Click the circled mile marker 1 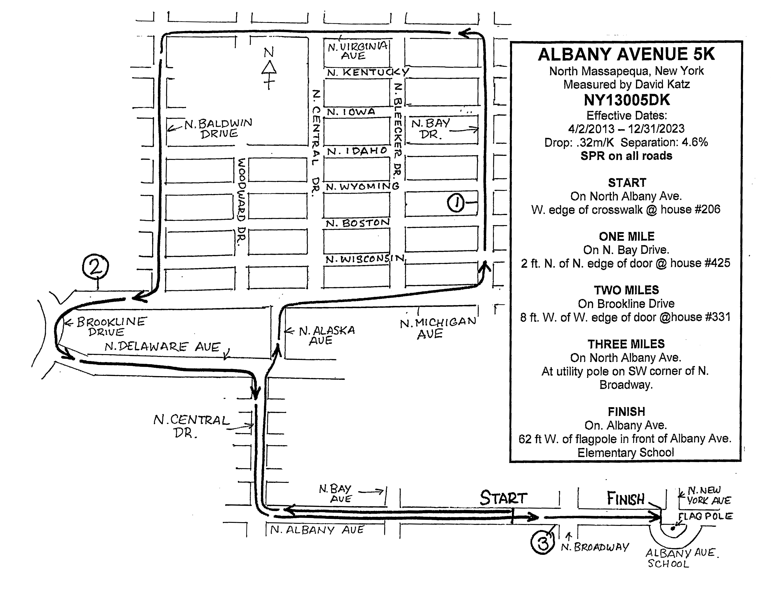456,203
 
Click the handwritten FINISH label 625,499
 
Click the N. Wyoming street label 362,187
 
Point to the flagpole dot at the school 672,528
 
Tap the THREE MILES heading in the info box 626,344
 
